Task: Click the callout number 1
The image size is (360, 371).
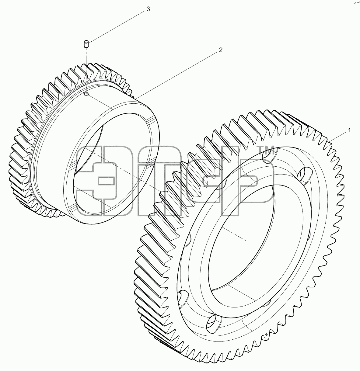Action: coord(349,130)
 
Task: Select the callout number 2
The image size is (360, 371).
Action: coord(221,50)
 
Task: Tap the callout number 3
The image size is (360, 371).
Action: coord(148,9)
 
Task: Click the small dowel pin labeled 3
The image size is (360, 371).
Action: coord(86,44)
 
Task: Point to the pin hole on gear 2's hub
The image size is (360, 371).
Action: coord(86,94)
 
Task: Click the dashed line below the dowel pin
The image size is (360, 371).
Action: coord(86,70)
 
